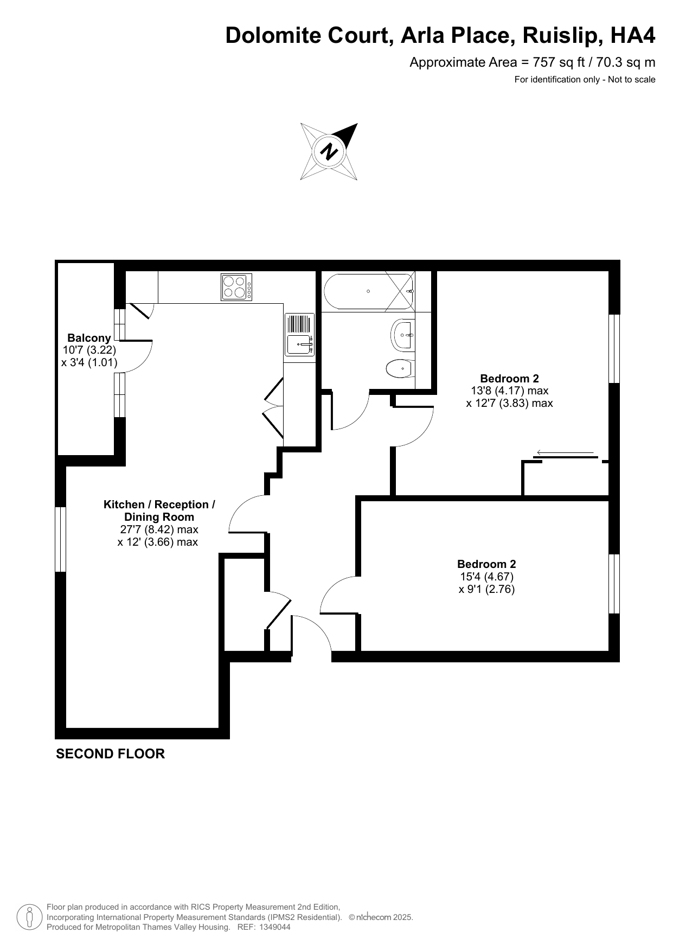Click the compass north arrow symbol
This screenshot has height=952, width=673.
[x=329, y=151]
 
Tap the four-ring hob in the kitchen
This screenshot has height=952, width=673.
[x=236, y=287]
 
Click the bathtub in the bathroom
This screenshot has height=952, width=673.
[x=369, y=291]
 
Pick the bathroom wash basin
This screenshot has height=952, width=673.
[x=403, y=335]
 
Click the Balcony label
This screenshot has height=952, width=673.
[x=89, y=338]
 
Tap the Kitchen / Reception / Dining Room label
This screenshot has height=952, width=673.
[x=159, y=511]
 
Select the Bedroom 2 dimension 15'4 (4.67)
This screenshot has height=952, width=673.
[x=486, y=577]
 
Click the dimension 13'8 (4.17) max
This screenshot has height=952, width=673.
[x=509, y=391]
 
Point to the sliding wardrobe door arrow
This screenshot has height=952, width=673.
[x=566, y=452]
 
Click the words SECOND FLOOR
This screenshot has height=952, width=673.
[x=110, y=754]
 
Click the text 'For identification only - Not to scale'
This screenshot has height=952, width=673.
[x=585, y=80]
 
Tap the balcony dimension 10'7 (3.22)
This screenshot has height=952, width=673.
[x=89, y=350]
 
